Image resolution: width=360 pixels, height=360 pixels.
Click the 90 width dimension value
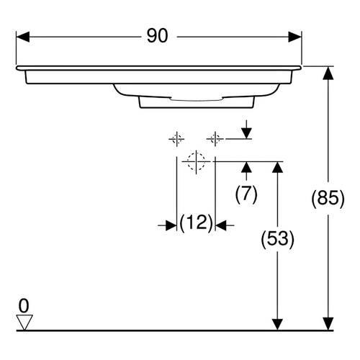coord(157,36)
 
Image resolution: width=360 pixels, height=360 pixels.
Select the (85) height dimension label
coord(328,199)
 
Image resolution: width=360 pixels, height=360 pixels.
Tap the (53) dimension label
coord(278,239)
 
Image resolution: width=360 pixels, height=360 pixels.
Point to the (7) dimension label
coord(246,194)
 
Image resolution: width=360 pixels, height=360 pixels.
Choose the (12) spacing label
coord(197,222)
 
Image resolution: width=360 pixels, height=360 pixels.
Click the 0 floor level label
coord(24,306)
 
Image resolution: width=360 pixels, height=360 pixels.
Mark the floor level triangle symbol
coord(24,323)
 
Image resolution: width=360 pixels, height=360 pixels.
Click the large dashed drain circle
coord(197,161)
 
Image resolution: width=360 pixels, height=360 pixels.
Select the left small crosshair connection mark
coord(177,139)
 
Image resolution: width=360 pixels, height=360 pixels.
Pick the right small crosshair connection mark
coord(215,139)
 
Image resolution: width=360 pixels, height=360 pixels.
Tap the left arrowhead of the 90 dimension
coord(23,37)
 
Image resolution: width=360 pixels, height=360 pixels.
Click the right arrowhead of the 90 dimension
coord(294,37)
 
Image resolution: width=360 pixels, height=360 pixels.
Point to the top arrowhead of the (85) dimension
coord(328,73)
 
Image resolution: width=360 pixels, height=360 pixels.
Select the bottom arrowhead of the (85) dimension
coord(328,324)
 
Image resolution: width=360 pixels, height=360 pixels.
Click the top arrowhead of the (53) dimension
coord(278,167)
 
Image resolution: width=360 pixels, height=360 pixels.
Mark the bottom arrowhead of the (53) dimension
coord(278,324)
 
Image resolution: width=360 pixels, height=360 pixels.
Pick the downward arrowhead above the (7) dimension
coord(246,133)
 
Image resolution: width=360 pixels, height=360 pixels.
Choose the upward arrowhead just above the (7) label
coord(246,167)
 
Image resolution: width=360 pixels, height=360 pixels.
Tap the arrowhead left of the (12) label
coord(171,225)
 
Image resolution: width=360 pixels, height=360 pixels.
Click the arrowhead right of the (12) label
coord(221,225)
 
